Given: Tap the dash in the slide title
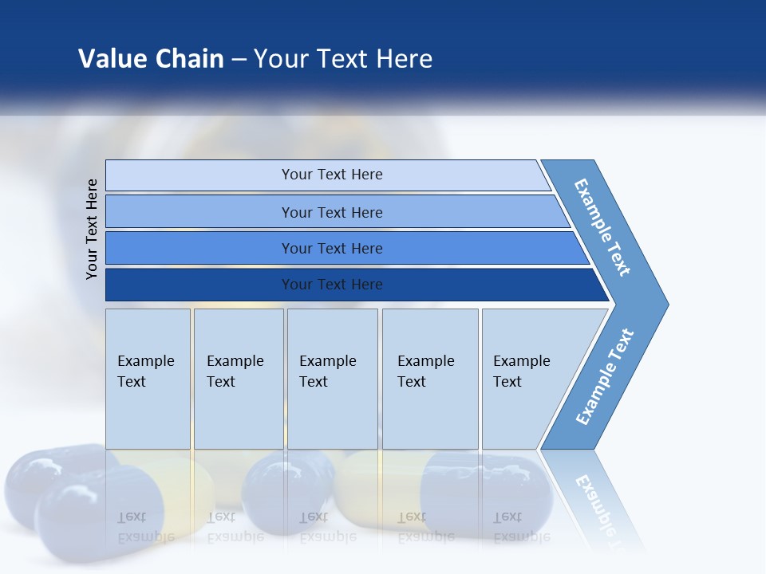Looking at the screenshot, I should coord(239,60).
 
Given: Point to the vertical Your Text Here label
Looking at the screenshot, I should coord(92,229).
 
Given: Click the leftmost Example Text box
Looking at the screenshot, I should coord(148,379).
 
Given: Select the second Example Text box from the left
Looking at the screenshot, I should coord(239,379).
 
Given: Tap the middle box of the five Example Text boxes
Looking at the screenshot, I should coord(332,379).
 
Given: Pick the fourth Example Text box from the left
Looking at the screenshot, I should coord(430,379).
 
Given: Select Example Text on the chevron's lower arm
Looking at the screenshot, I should coord(605,376).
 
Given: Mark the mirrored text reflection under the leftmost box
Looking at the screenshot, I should coord(146,527).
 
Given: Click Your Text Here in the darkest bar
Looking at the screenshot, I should coord(332,285).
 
